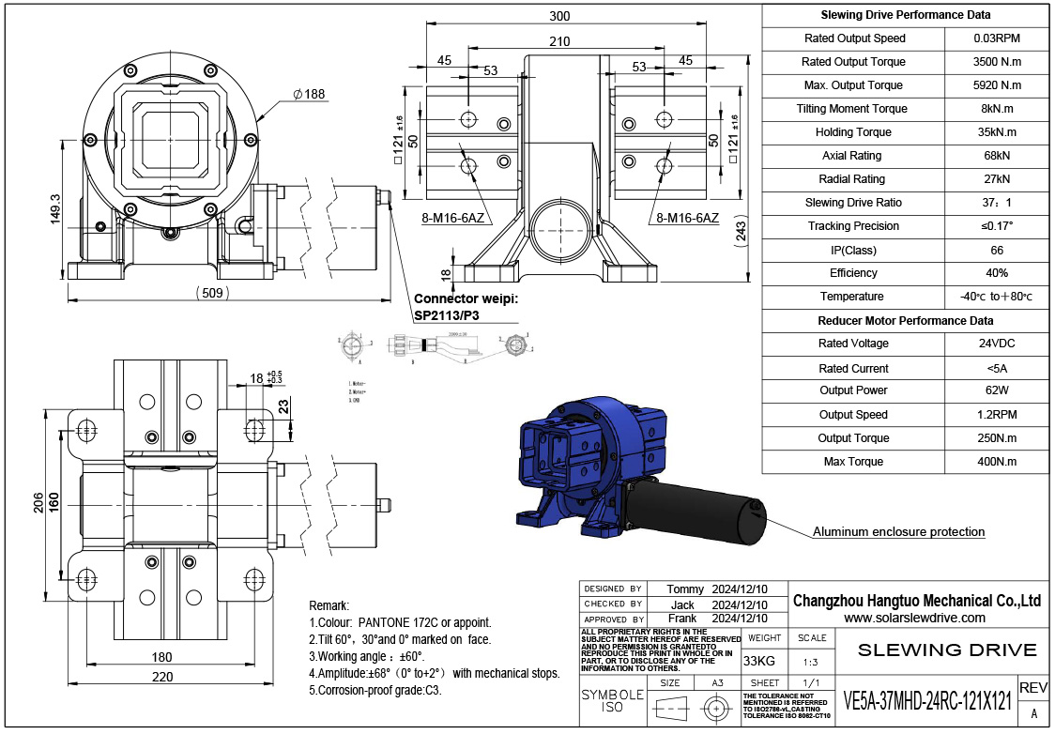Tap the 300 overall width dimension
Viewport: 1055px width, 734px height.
tap(559, 16)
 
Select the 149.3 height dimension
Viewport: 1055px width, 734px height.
tap(54, 210)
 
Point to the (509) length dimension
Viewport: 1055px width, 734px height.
tap(212, 292)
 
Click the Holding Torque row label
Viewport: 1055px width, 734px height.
tap(853, 132)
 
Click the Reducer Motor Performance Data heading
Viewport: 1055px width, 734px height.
tap(905, 320)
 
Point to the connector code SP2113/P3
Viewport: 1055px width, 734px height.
tap(447, 315)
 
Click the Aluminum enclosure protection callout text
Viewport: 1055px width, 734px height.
tap(898, 532)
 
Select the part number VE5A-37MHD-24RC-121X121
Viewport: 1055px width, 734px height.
tap(927, 701)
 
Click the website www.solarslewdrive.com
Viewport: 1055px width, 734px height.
tap(914, 618)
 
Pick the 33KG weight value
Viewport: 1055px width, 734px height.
tap(759, 661)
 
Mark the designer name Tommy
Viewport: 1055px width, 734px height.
tap(684, 589)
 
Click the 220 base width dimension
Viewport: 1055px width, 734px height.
tap(162, 677)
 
